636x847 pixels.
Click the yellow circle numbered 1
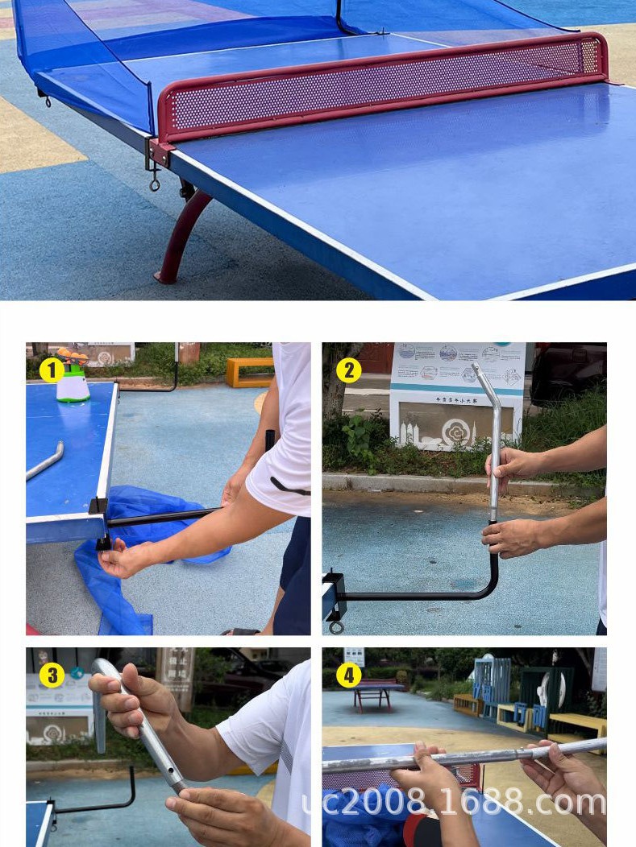point(52,371)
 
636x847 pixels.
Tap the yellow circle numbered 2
point(348,370)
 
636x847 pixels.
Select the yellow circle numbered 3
point(52,675)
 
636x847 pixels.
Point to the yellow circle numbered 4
point(348,676)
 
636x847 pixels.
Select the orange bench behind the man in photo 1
point(248,371)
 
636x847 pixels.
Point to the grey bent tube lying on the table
point(45,461)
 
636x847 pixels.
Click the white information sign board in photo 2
point(456,395)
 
